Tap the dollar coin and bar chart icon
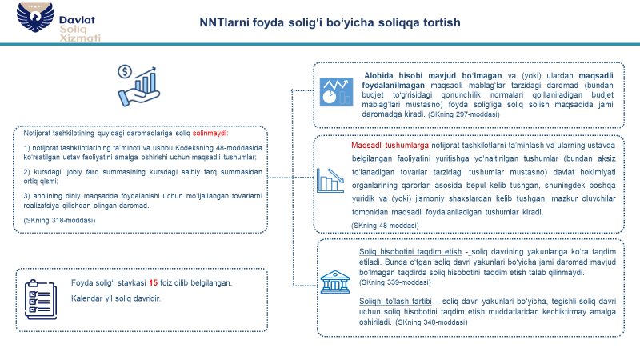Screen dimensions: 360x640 (x=137, y=80)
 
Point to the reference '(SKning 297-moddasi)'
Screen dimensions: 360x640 (x=463, y=114)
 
